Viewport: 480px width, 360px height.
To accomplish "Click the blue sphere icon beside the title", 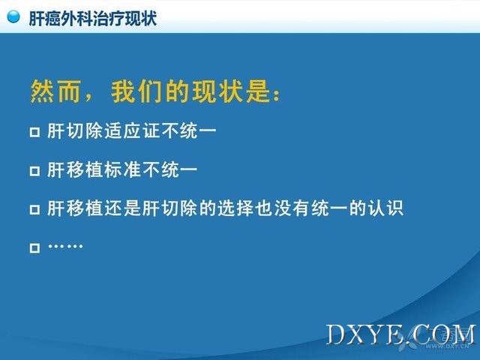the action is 13,16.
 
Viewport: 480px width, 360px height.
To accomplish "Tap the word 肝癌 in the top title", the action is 44,18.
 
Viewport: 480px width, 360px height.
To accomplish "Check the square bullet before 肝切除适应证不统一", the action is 35,132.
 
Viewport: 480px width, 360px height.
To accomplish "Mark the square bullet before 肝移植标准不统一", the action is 35,171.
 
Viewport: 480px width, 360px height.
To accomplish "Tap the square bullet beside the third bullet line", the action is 35,210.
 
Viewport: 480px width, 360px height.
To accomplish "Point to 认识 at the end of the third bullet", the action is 385,208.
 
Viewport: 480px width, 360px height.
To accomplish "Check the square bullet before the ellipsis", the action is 35,248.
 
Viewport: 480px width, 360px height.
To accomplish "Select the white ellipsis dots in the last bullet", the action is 65,246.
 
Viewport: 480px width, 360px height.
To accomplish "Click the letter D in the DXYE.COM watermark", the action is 336,334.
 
